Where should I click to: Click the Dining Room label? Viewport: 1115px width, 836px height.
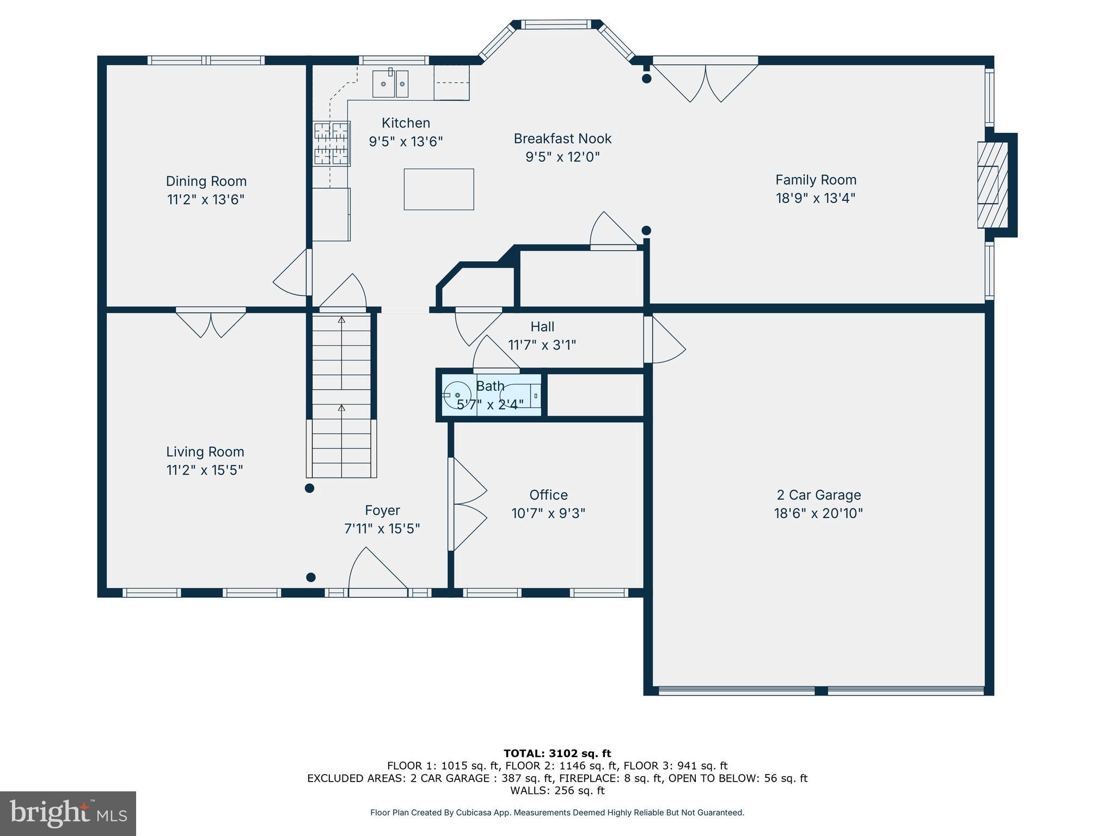click(x=206, y=181)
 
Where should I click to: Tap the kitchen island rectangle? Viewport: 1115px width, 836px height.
click(x=438, y=189)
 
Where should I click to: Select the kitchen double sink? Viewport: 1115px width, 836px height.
click(x=390, y=84)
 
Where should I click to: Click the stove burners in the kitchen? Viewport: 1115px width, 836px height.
click(x=331, y=143)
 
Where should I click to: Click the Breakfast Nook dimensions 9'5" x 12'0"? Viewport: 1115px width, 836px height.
click(x=562, y=157)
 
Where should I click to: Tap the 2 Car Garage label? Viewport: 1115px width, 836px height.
click(x=818, y=495)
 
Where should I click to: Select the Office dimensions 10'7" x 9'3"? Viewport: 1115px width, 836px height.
click(x=548, y=513)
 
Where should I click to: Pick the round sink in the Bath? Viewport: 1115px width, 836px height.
click(x=457, y=395)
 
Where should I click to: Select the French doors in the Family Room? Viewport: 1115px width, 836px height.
click(x=705, y=82)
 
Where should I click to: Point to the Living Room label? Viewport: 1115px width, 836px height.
click(x=205, y=452)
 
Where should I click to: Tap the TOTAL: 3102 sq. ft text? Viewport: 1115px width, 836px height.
click(x=557, y=753)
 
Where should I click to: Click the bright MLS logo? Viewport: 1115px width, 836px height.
click(x=68, y=813)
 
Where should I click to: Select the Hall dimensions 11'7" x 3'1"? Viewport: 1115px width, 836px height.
click(x=542, y=345)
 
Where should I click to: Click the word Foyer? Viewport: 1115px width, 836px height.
click(x=382, y=510)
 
